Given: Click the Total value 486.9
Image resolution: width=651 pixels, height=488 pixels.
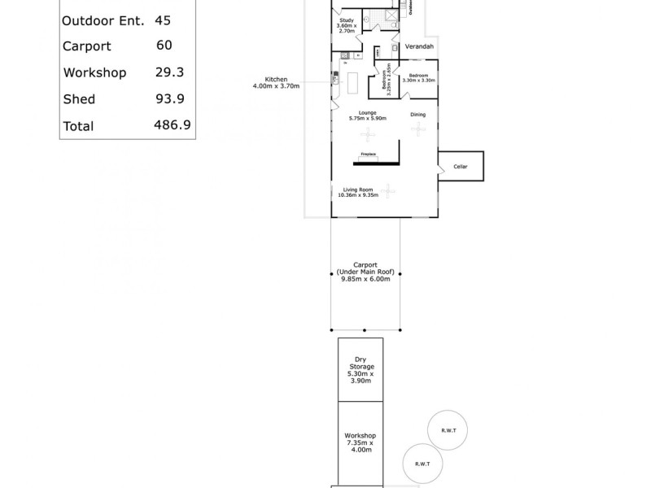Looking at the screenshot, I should pos(171,126).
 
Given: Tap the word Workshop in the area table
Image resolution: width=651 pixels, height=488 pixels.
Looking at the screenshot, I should pos(94,72).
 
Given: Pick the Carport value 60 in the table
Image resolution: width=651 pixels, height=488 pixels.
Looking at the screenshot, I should pos(164,46).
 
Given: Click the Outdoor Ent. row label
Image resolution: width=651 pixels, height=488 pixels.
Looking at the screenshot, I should pos(103,20).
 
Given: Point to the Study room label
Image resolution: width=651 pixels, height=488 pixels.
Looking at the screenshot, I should pos(347,20).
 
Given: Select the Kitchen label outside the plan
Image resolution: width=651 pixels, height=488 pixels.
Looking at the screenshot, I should pos(275,80).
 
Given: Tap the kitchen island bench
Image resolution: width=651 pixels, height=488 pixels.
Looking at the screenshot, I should pos(354,81).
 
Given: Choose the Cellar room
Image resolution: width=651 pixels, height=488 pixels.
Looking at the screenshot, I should pos(461,166).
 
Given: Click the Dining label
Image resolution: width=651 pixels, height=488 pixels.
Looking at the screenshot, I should pos(417,115).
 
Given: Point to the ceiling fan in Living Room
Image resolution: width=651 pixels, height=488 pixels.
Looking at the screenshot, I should pos(389,189).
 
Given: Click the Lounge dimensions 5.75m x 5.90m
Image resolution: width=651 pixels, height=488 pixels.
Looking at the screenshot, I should pos(367,119).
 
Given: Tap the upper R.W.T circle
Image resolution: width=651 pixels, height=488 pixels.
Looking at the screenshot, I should pos(447,429).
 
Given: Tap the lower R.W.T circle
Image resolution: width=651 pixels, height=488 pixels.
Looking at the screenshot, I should pos(422,463).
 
